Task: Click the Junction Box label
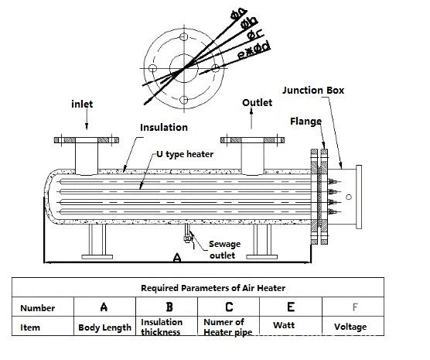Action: coord(313,91)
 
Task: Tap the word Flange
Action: coord(305,122)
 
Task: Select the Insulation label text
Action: coord(164,128)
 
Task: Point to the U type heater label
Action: coord(185,154)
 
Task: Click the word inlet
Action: coord(82,104)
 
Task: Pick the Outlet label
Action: coord(257,103)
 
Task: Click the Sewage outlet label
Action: coord(224,249)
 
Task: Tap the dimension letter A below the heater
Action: coord(177,258)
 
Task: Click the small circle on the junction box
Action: coord(349,197)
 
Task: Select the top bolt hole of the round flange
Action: coord(184,36)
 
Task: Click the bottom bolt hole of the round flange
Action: coord(184,100)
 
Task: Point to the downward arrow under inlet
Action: coord(87,119)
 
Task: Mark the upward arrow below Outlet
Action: coord(251,118)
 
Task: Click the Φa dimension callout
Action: coord(238,14)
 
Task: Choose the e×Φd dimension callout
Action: coord(254,50)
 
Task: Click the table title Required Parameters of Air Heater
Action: coord(213,288)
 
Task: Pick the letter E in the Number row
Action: coord(291,307)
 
